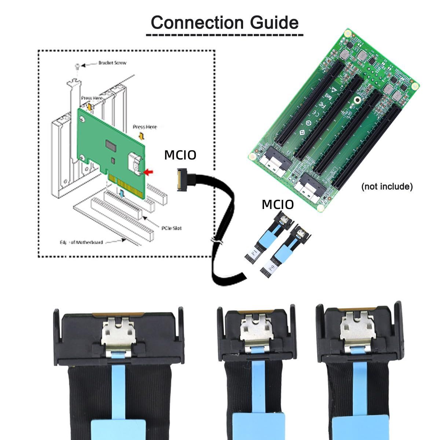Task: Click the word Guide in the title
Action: [x=274, y=23]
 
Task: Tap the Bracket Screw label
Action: [x=112, y=63]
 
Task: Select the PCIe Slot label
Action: [x=171, y=228]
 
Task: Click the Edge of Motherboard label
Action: [x=81, y=242]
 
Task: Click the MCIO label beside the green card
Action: [x=180, y=155]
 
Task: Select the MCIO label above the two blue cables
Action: [x=278, y=205]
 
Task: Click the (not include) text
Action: [x=387, y=187]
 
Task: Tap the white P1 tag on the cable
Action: [x=253, y=253]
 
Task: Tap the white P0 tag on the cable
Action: [x=271, y=268]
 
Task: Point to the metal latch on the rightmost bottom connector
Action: [x=355, y=327]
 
